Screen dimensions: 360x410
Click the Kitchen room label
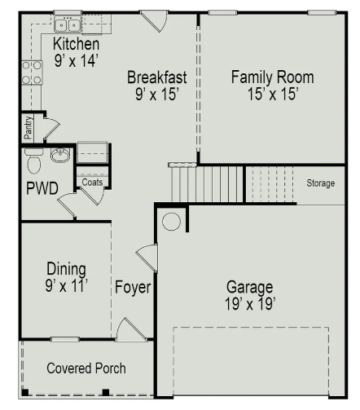tap(76, 44)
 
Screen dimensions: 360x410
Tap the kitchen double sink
tap(68, 24)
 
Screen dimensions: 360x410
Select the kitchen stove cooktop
tap(32, 73)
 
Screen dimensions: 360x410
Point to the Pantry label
tap(29, 127)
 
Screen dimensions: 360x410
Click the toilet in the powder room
tap(34, 161)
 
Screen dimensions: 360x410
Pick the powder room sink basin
tap(60, 156)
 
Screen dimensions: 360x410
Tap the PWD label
tap(42, 188)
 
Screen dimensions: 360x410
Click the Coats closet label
tap(92, 182)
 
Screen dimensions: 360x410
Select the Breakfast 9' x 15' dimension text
tap(157, 95)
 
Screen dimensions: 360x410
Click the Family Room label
tap(273, 77)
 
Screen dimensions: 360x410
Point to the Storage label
tap(321, 183)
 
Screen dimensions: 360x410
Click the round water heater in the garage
tap(171, 221)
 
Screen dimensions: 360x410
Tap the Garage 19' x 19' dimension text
tap(250, 303)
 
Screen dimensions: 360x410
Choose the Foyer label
tap(133, 288)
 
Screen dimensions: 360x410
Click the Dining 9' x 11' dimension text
tap(67, 285)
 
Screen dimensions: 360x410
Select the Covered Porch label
tap(86, 368)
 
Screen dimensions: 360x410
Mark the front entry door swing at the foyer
tap(131, 329)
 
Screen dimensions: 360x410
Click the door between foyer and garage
tap(147, 258)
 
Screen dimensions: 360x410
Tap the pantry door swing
tap(51, 128)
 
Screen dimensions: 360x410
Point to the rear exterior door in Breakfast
tap(154, 21)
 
